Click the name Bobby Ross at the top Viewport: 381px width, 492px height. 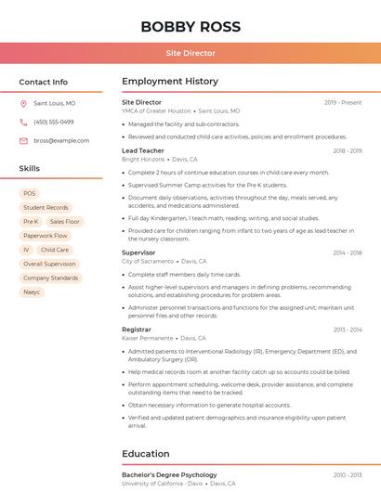tap(190, 26)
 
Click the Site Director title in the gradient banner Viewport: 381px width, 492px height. tap(190, 53)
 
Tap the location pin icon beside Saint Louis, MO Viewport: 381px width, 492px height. tap(23, 104)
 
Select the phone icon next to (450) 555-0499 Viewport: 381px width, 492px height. tap(23, 123)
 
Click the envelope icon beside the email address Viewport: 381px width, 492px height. tap(23, 141)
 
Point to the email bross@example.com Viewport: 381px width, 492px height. tap(61, 141)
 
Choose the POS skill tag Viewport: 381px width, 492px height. tap(30, 194)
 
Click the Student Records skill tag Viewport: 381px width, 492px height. tap(46, 208)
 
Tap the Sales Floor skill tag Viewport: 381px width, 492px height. tap(65, 222)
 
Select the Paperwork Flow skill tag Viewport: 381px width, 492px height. tap(46, 236)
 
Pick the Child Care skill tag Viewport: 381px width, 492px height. tap(55, 250)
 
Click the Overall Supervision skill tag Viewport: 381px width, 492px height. tap(49, 264)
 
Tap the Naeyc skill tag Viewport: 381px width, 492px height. tap(33, 291)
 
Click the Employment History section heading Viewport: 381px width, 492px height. tap(170, 82)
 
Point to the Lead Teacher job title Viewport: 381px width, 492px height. tap(142, 150)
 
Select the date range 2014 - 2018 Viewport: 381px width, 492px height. tap(348, 252)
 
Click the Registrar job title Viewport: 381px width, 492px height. tap(136, 330)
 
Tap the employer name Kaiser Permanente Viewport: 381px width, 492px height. tap(147, 339)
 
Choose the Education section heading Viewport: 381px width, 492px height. tap(146, 454)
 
